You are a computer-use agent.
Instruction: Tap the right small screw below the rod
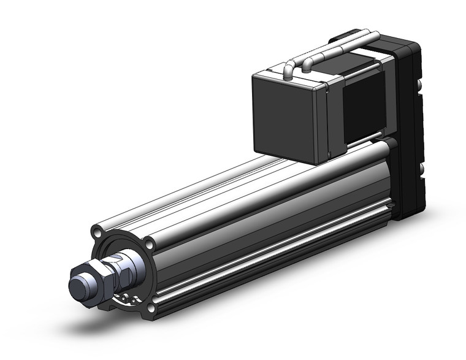[132, 300]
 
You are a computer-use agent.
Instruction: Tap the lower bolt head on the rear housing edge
[421, 167]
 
